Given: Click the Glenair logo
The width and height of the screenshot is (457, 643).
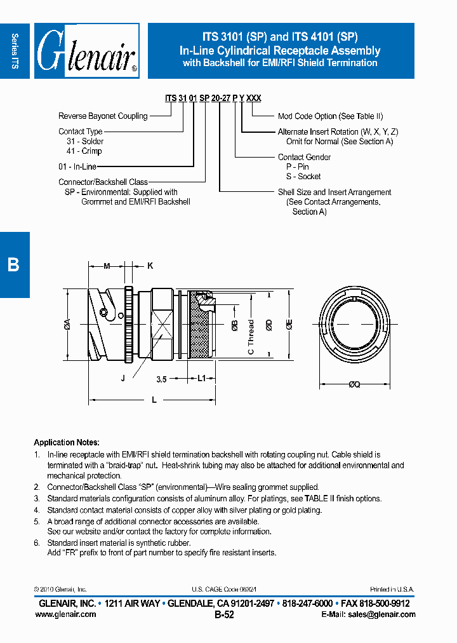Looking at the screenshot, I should pos(87,51).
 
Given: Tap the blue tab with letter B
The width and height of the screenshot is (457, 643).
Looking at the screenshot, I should pos(13,264).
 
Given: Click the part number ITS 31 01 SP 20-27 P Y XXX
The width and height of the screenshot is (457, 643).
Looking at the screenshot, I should pos(213,98).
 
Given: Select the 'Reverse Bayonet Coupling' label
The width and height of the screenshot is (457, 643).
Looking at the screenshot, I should pos(103,116).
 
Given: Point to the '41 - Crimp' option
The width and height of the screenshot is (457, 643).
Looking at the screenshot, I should pos(84,151).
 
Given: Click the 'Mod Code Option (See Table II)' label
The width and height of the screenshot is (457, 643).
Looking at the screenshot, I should pos(330,116).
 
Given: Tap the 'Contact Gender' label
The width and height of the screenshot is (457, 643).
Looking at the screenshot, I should pos(304,157).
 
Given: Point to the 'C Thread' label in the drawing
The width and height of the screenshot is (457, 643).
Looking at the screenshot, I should pos(251,337).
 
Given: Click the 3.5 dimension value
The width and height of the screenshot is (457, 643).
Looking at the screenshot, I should pos(161,379).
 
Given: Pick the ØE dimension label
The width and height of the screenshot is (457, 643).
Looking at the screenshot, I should pos(289,325).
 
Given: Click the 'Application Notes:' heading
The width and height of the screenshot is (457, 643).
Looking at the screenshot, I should pos(66,442).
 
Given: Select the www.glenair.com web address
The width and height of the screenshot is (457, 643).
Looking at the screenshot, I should pos(69,614).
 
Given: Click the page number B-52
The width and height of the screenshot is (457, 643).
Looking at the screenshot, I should pos(225,615).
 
